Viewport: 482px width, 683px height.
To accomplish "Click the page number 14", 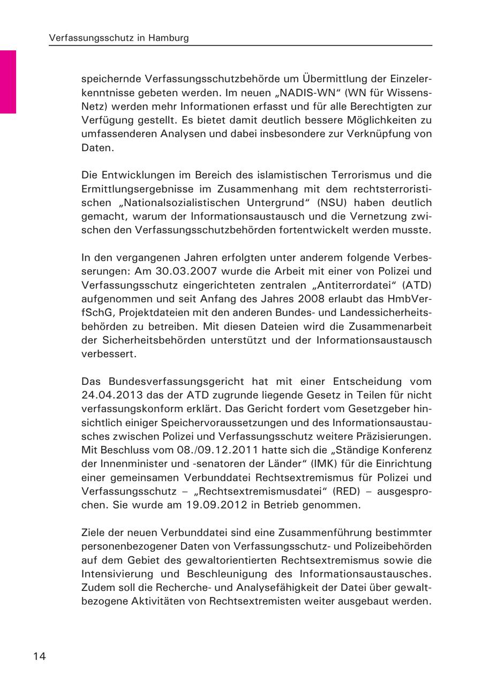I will click(38, 656).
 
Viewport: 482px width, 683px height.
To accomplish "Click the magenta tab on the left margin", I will click(8, 81).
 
